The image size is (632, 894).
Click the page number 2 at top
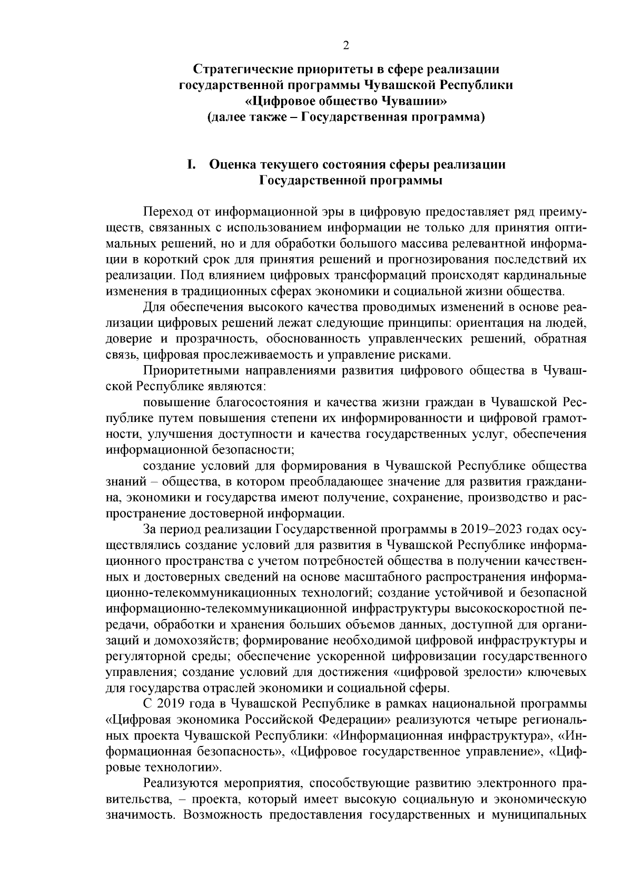(x=346, y=45)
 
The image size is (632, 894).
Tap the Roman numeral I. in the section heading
(x=191, y=164)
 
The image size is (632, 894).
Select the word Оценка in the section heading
(x=233, y=164)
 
